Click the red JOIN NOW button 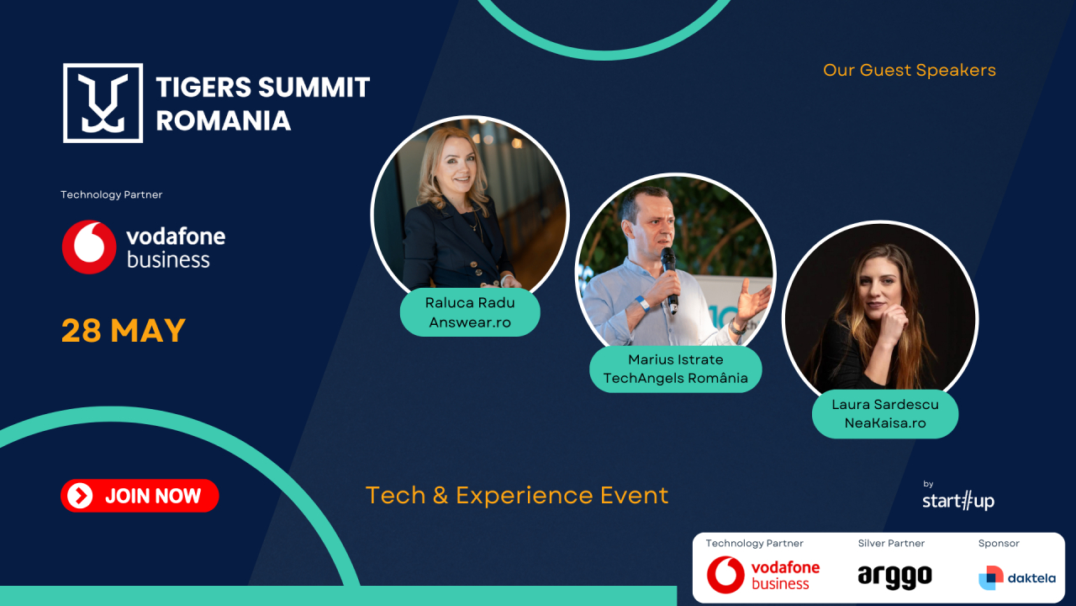(140, 496)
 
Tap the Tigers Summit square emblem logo (103, 103)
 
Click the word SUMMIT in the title (314, 88)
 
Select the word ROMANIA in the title (224, 120)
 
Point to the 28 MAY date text (124, 331)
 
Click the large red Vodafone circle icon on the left (89, 247)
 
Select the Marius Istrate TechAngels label (675, 369)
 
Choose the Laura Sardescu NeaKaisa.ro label (885, 413)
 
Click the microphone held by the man (670, 279)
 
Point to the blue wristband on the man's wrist (642, 304)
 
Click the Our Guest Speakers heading (910, 70)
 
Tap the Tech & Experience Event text (517, 496)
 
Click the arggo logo (895, 577)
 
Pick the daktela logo (1017, 577)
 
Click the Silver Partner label (891, 544)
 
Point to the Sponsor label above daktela (999, 544)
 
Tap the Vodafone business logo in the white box (763, 575)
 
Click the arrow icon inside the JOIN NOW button (80, 496)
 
